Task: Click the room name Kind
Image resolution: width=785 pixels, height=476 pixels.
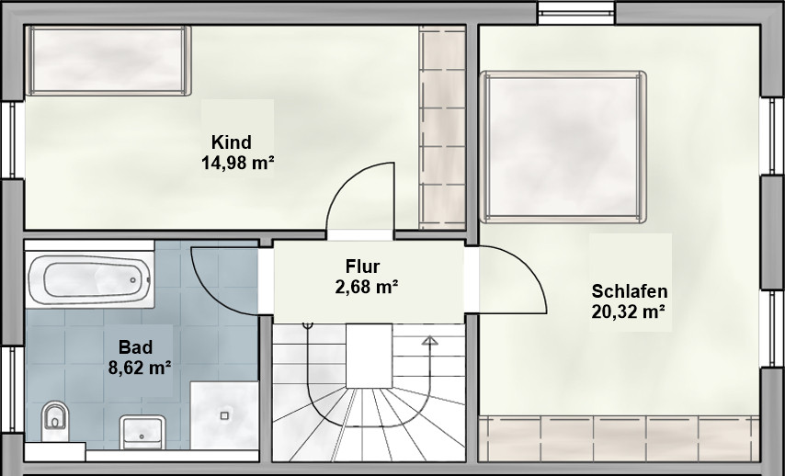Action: click(x=232, y=142)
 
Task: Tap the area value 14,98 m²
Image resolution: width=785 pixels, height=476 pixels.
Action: click(x=238, y=163)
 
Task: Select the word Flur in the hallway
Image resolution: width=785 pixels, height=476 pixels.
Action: click(x=362, y=266)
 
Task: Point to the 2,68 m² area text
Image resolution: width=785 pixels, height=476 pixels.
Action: click(x=367, y=287)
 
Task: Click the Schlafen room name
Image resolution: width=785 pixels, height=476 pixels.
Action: click(x=630, y=290)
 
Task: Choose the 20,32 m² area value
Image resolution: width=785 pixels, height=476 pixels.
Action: click(x=629, y=312)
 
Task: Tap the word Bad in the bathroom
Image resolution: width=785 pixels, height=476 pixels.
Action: click(x=136, y=346)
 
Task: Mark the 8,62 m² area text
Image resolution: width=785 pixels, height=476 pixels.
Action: click(x=140, y=368)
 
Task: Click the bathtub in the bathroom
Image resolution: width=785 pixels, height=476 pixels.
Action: click(x=89, y=278)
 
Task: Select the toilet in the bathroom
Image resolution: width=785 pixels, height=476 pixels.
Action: click(x=55, y=421)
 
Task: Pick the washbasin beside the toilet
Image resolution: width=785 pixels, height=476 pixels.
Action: click(x=142, y=432)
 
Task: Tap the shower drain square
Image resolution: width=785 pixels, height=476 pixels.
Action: click(x=224, y=415)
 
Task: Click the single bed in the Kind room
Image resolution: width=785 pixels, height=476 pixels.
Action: click(x=109, y=61)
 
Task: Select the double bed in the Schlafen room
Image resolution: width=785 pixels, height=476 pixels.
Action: click(x=563, y=147)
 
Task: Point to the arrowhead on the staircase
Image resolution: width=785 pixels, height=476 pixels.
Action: click(x=429, y=341)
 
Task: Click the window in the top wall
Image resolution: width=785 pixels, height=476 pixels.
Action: click(x=576, y=13)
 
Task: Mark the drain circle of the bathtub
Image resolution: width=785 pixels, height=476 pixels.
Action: click(x=133, y=280)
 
